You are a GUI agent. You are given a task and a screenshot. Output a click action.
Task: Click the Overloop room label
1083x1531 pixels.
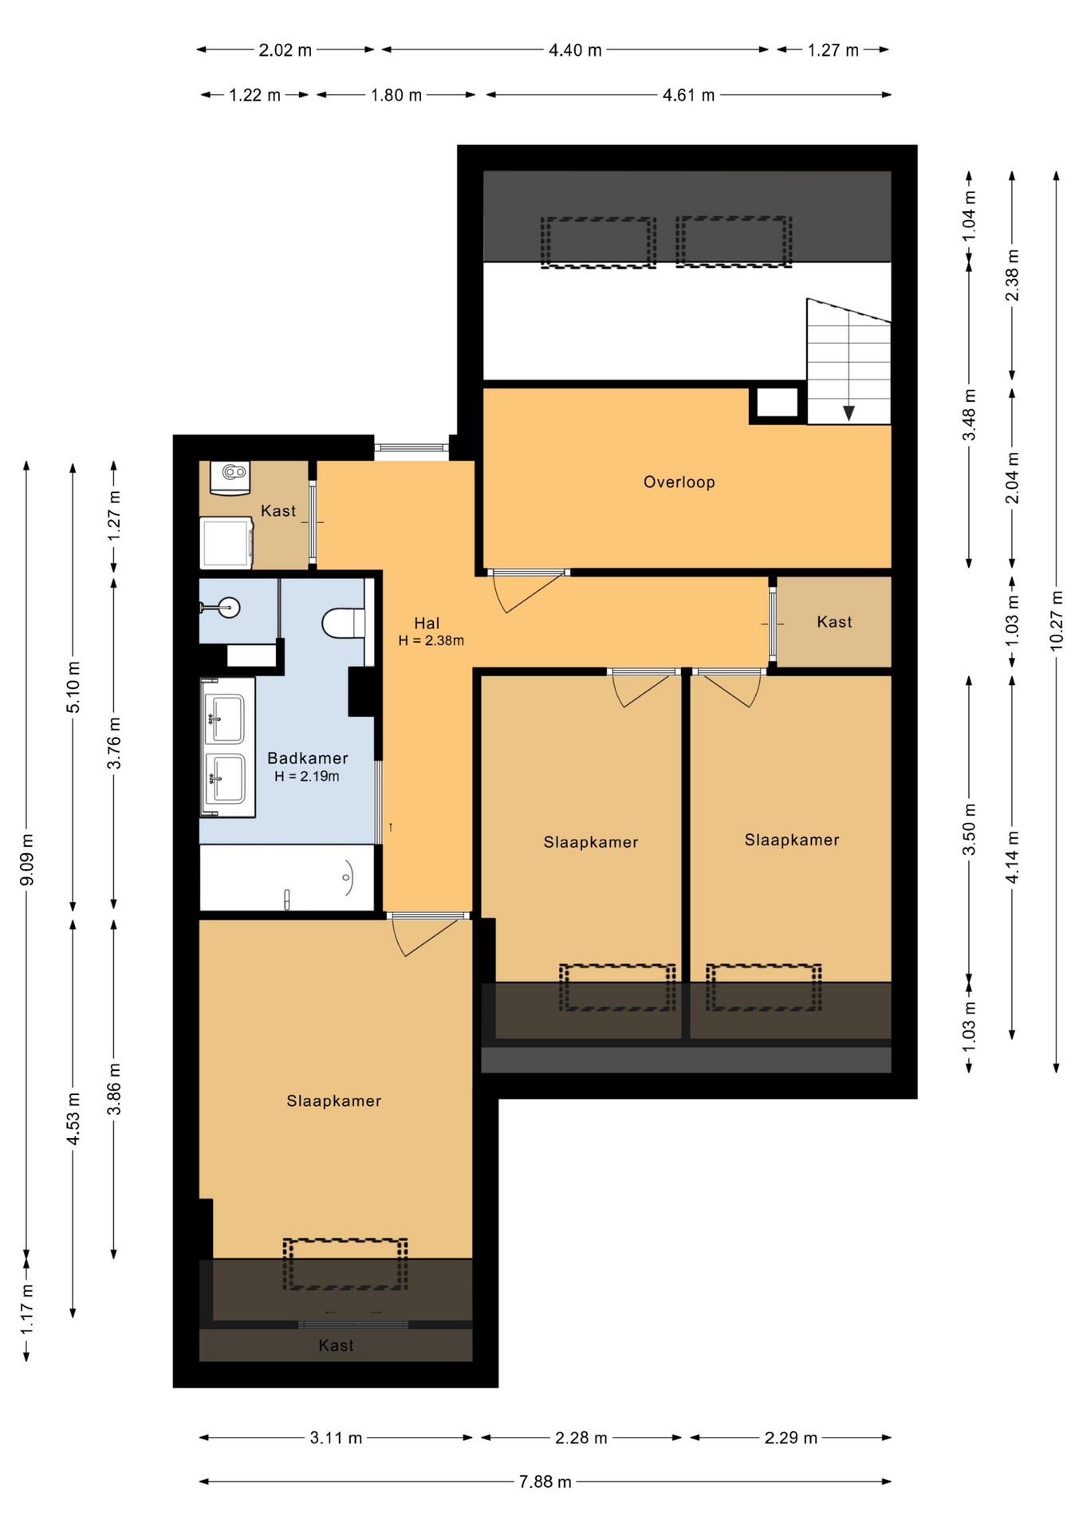[x=679, y=482]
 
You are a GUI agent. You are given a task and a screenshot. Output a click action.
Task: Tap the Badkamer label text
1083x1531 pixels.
[x=307, y=758]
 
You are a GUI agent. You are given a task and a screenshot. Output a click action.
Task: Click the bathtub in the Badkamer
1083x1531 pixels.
[x=286, y=878]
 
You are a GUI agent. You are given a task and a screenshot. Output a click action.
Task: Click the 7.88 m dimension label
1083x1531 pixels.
[x=545, y=1482]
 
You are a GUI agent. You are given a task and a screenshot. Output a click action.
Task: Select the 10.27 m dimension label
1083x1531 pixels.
[x=1057, y=621]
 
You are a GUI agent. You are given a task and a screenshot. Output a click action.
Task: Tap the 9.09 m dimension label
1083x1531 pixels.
[x=26, y=860]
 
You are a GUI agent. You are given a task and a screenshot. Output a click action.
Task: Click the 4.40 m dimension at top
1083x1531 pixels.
[x=575, y=50]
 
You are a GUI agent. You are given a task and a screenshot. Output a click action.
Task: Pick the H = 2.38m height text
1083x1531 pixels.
[x=431, y=640]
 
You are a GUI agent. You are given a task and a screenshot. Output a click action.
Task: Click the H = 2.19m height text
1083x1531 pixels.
[x=307, y=777]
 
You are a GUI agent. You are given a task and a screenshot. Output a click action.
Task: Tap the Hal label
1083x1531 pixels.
[x=427, y=624]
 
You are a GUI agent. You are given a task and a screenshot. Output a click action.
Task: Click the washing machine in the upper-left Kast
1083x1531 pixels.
[x=226, y=543]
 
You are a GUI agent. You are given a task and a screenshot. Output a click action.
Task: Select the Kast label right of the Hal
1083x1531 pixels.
[x=834, y=622]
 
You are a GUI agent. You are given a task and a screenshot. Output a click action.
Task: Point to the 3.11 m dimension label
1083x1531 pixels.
[x=336, y=1438]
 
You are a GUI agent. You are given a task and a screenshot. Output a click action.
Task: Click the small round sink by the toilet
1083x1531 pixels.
[x=229, y=608]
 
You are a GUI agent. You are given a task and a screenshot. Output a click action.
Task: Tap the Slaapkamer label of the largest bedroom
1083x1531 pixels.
[x=333, y=1101]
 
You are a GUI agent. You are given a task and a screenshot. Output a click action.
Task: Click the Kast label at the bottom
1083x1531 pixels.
[x=336, y=1346]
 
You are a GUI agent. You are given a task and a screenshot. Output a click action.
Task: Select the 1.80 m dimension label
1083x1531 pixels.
[x=396, y=96]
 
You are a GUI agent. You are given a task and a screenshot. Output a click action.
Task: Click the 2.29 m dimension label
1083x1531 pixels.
[x=790, y=1438]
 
